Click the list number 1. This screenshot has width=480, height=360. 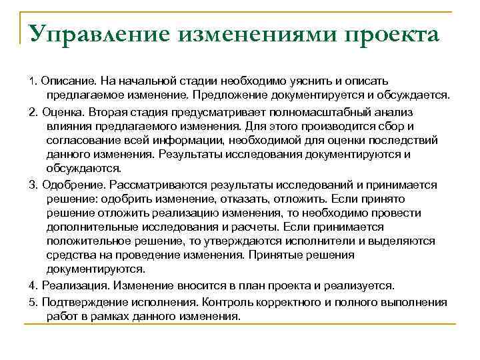pos(32,81)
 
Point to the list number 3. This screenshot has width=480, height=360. pos(32,184)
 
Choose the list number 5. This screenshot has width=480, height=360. pos(32,302)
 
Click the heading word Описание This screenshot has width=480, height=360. pos(65,81)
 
